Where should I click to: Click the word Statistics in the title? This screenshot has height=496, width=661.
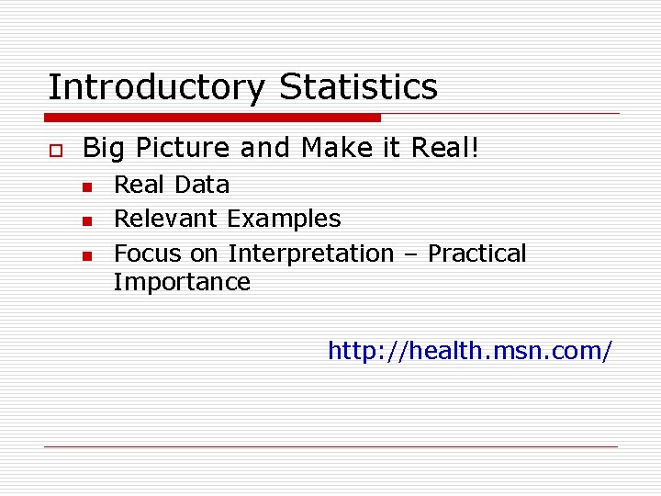click(358, 87)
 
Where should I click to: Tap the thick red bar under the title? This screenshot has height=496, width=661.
click(212, 118)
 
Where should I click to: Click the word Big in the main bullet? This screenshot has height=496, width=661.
click(99, 149)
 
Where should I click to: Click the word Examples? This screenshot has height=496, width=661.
click(284, 220)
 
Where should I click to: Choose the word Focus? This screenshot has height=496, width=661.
click(148, 254)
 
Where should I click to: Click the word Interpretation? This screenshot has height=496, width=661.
click(310, 254)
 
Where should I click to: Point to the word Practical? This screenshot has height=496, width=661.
click(477, 254)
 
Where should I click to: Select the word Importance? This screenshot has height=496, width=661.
click(182, 282)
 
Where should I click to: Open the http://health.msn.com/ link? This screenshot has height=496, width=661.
click(469, 351)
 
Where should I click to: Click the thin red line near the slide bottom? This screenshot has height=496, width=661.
click(330, 446)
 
